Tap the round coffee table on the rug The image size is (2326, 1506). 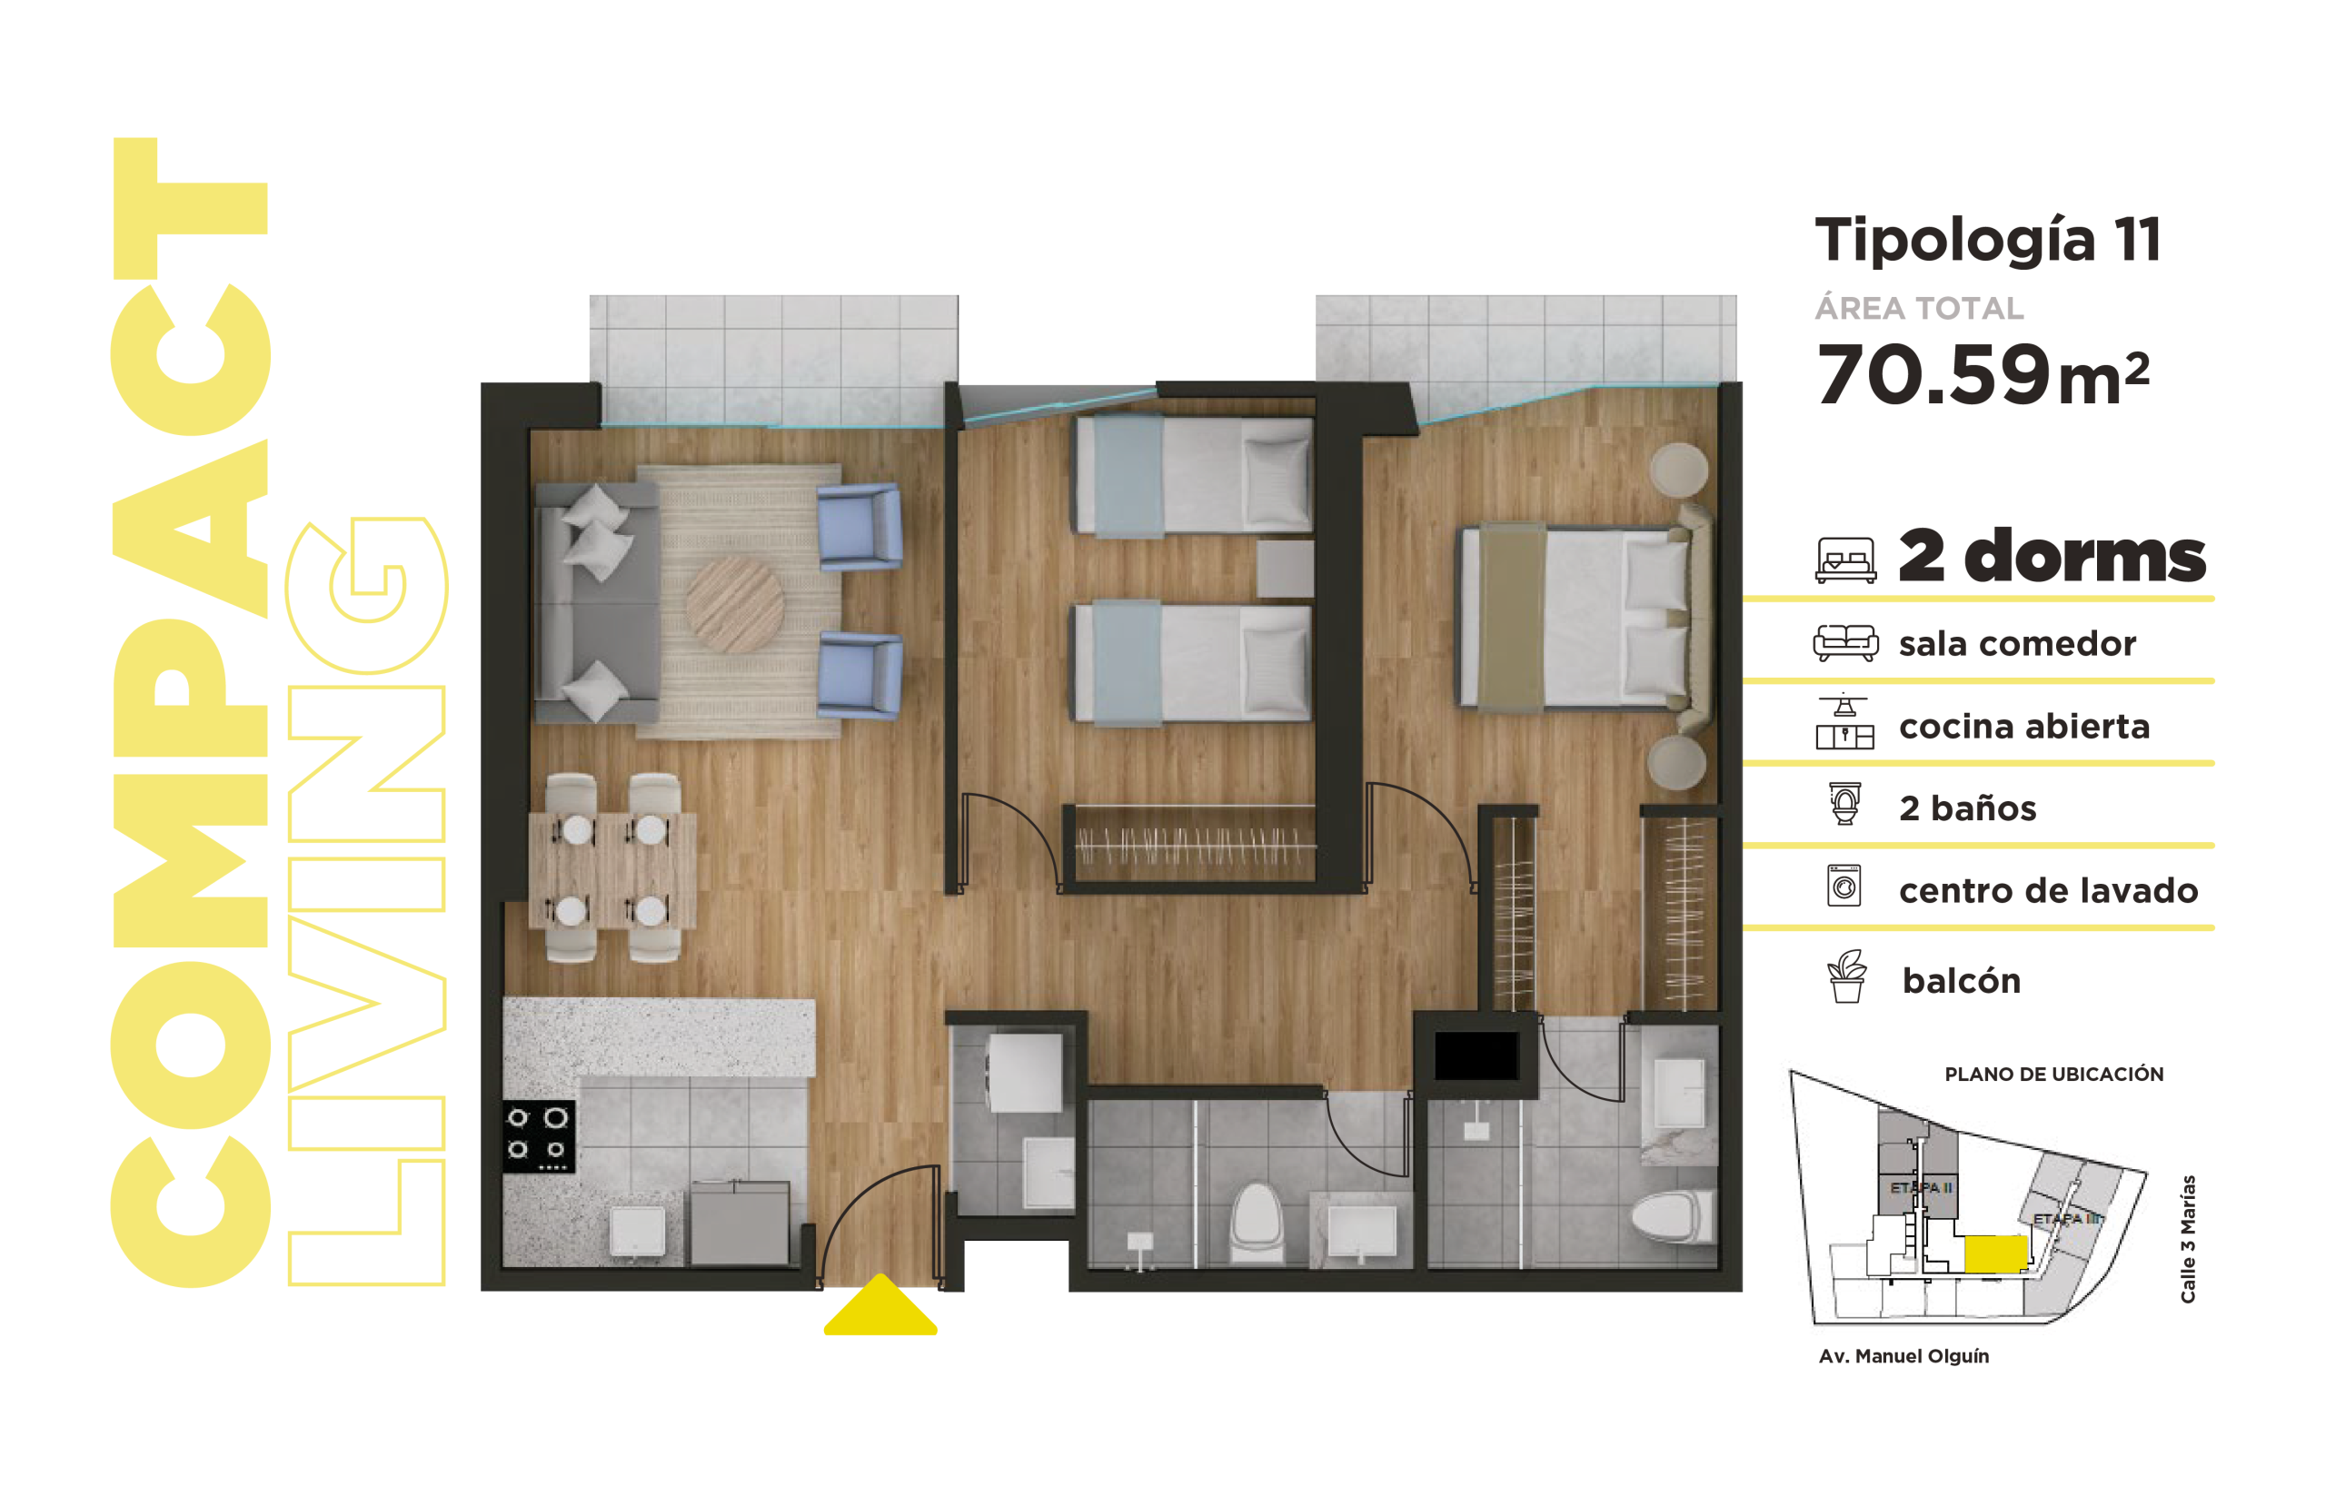coord(734,605)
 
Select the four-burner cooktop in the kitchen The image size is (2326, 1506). coord(539,1136)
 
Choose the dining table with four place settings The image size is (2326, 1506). coord(612,870)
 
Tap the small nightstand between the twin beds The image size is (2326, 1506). coord(1284,569)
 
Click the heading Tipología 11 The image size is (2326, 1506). coord(1988,240)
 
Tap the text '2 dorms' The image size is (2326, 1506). coord(2053,555)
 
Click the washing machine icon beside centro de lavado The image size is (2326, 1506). coord(1844,886)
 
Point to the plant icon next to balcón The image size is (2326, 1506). coord(1846,976)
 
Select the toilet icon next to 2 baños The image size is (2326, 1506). coord(1845,803)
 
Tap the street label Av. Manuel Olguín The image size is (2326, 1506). coord(1904,1356)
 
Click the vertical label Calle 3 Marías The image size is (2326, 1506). coord(2188,1238)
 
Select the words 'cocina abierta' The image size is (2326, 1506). coord(2024,726)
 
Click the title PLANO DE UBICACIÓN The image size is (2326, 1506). coord(2053,1074)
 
